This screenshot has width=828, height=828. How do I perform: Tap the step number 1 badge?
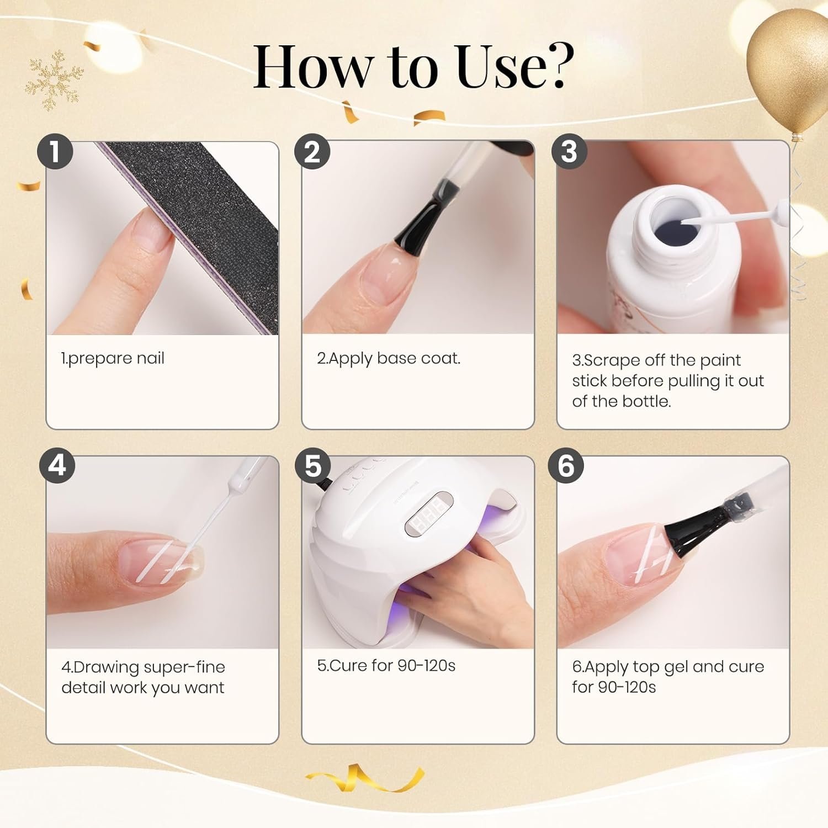pos(55,151)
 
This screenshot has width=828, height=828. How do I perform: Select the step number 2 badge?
pos(312,151)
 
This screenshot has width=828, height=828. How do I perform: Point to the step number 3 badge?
pos(569,151)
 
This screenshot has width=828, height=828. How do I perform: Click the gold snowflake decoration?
pos(54,80)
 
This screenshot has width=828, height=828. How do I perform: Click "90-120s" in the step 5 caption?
pos(426,666)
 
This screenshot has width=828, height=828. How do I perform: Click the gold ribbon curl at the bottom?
pos(364,778)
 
